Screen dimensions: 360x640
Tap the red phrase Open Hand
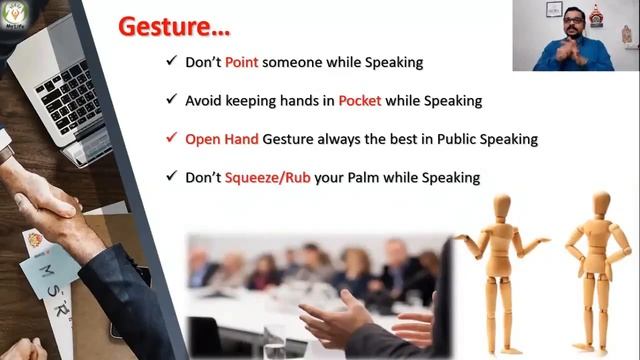pos(221,139)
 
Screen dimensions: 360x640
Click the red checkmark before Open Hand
pos(173,139)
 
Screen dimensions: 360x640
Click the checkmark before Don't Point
pos(173,62)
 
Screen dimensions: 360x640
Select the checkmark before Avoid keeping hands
pos(173,101)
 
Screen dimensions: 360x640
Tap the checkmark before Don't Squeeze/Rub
pos(173,177)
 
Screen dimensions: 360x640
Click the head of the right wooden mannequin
pos(601,204)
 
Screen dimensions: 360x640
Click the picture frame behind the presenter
pos(553,9)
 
